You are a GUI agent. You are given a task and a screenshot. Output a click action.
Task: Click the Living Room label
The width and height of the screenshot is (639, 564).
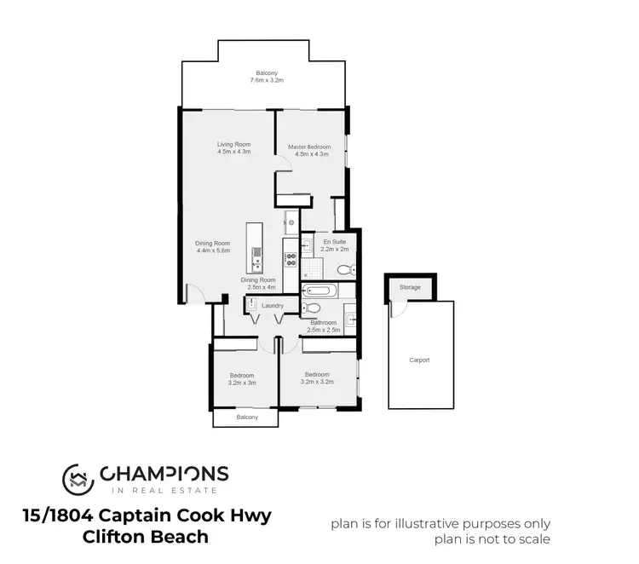[233, 144]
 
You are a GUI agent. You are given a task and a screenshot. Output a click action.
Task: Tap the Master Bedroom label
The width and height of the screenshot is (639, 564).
[309, 147]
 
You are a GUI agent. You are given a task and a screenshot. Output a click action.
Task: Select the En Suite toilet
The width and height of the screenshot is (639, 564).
[343, 269]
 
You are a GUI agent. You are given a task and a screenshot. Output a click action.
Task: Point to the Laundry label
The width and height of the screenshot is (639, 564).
[273, 305]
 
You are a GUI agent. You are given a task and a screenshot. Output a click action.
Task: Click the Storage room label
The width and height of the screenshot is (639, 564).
[410, 288]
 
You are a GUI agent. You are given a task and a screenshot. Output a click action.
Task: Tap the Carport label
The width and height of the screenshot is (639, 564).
[418, 360]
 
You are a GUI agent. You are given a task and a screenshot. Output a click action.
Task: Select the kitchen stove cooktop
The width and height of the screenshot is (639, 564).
[290, 255]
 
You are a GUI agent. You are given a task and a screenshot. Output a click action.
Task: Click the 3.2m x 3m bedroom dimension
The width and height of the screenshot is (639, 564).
[243, 383]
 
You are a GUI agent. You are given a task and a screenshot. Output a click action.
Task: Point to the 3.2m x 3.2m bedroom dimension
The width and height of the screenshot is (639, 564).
[317, 382]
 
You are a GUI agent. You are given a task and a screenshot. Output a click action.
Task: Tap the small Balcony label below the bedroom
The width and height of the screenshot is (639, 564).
[247, 417]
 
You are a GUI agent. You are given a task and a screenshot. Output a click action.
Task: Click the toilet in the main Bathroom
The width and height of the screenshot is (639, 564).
[314, 308]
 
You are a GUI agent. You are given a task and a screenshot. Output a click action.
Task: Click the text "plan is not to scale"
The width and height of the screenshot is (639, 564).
[440, 539]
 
